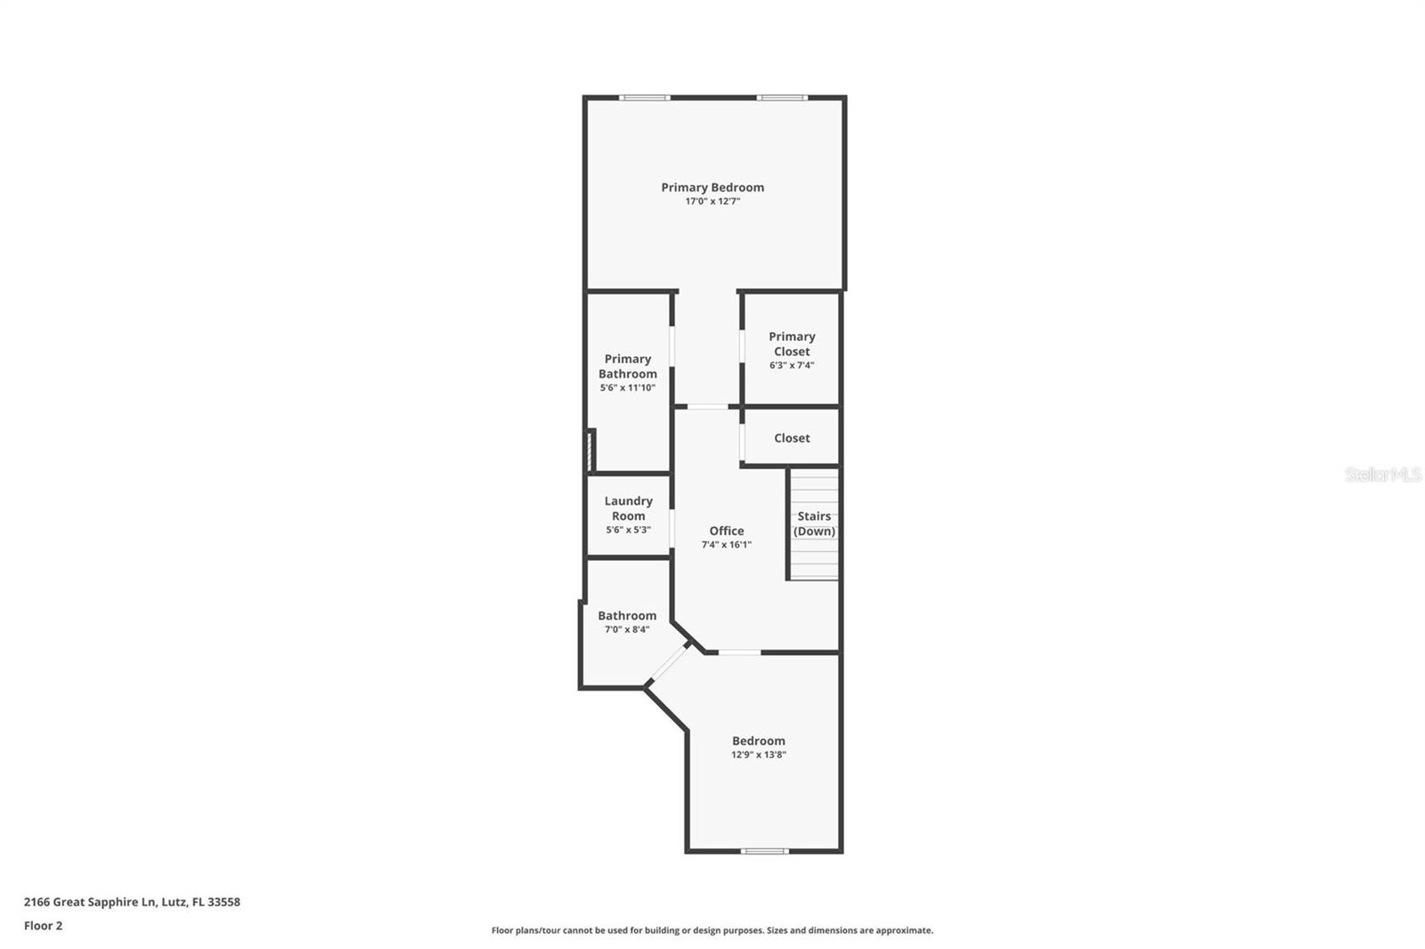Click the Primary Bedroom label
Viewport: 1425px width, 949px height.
point(712,187)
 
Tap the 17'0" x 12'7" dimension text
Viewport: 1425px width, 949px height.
point(712,201)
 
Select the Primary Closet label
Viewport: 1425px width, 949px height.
point(792,344)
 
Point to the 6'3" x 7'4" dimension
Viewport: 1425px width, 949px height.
point(792,365)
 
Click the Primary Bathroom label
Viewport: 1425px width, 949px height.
point(628,366)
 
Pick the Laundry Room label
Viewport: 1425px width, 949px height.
point(628,508)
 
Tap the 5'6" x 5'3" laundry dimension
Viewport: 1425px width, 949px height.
point(628,530)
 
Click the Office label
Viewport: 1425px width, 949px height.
point(727,531)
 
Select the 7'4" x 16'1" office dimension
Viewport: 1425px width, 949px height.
point(727,545)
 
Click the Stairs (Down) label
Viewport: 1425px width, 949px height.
point(814,523)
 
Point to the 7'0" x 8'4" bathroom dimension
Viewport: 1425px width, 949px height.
point(627,629)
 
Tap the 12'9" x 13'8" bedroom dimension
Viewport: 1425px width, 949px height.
point(759,755)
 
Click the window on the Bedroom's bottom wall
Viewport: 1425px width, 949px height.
point(764,851)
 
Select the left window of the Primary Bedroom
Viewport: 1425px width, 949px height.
point(645,97)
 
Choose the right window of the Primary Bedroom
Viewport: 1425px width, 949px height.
point(782,97)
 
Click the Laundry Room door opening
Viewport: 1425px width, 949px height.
point(672,528)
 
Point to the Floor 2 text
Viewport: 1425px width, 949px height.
point(43,926)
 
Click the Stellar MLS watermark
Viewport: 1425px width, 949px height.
point(1382,474)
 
